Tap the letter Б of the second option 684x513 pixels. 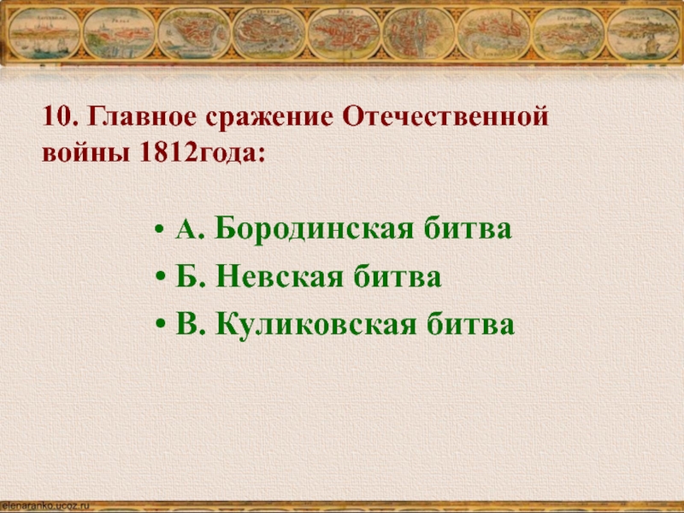(x=187, y=277)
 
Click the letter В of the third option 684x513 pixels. (x=187, y=324)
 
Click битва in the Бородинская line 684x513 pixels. (x=475, y=230)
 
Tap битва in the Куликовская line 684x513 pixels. (x=479, y=324)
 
